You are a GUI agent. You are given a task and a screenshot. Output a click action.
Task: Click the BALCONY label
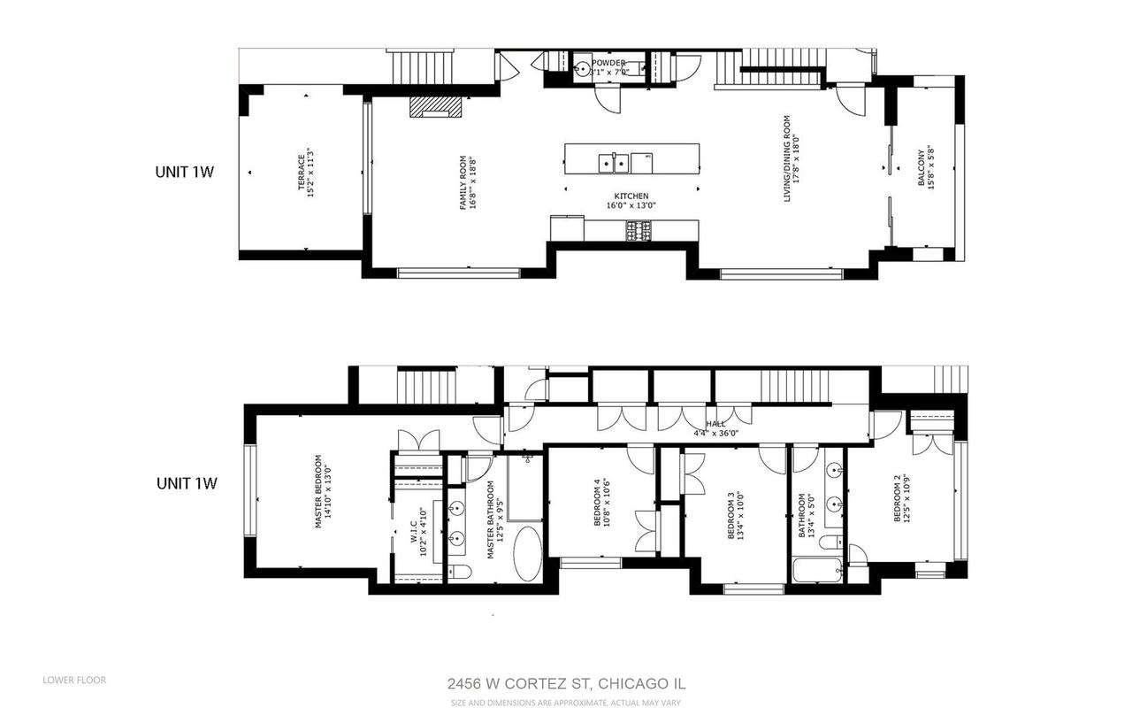[926, 168]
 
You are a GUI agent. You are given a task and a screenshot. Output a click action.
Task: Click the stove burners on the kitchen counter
[639, 232]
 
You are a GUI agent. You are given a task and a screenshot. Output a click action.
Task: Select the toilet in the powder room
[582, 69]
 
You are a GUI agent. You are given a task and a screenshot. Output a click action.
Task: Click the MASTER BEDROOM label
[324, 492]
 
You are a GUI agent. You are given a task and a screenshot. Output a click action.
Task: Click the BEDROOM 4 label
[601, 503]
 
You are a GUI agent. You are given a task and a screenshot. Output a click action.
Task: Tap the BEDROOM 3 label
[736, 516]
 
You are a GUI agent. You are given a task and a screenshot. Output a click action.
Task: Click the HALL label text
[715, 424]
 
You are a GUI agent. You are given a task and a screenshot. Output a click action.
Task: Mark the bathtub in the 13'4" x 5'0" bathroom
[815, 570]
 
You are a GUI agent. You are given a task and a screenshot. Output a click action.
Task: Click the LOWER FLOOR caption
[74, 681]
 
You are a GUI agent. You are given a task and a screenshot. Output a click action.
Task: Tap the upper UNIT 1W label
[185, 173]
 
